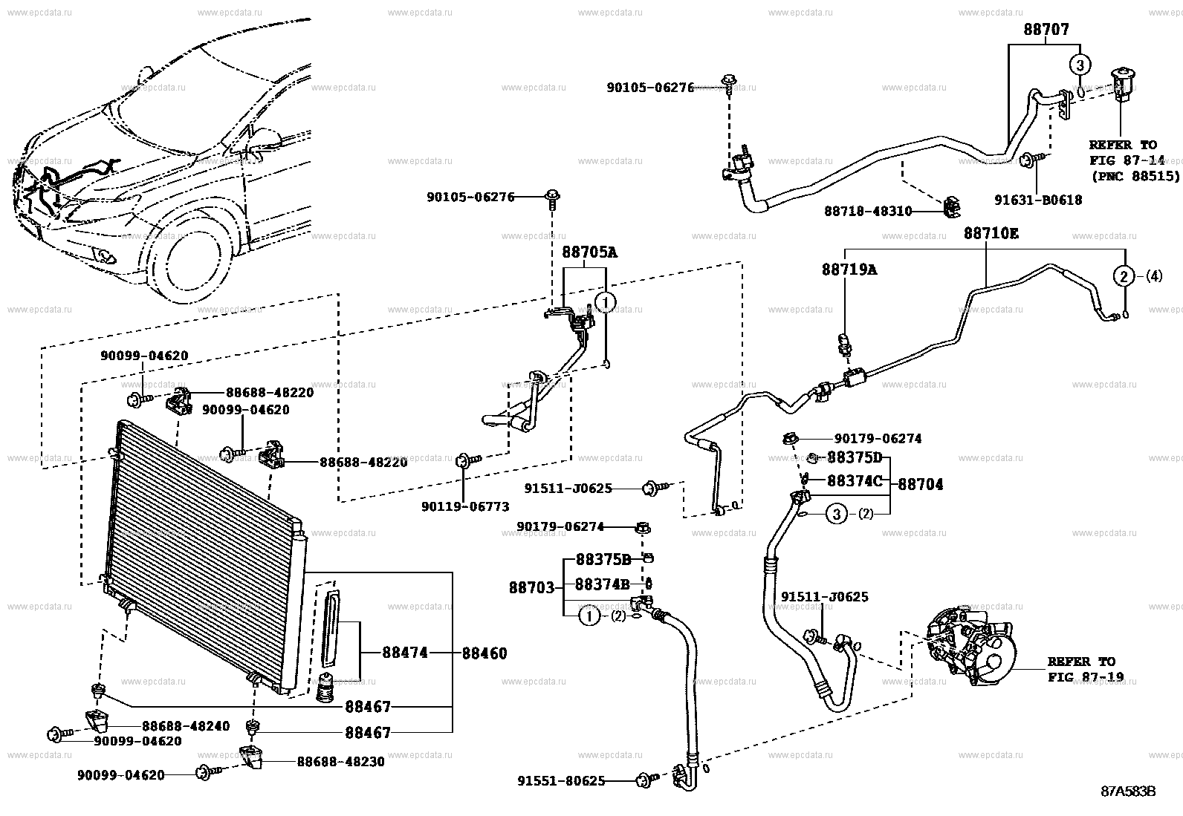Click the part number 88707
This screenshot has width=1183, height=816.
point(1046,30)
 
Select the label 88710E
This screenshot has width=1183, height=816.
point(991,233)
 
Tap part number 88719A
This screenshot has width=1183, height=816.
point(849,270)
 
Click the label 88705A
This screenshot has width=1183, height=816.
point(589,252)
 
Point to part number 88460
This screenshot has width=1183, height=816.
point(484,653)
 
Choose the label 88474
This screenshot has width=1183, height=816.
point(405,653)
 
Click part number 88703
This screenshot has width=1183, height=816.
point(531,588)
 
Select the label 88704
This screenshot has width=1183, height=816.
point(921,484)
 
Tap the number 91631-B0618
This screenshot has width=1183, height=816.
point(1038,200)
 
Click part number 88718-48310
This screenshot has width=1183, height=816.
point(867,211)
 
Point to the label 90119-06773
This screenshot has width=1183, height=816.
point(465,506)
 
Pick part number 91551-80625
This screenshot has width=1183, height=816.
point(561,781)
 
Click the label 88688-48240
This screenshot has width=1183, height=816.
point(186,725)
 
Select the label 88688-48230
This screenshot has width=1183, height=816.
point(340,762)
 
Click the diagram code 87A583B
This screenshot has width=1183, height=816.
point(1128,791)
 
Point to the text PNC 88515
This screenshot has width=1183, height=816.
point(1134,176)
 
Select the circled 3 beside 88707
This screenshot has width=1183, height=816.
point(1080,65)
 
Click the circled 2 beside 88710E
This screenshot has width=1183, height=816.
point(1124,276)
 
